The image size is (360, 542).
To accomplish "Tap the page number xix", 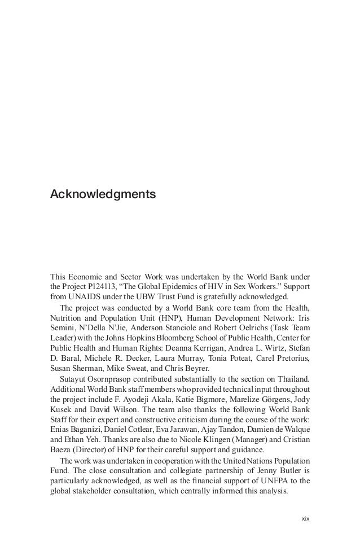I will [x=305, y=518].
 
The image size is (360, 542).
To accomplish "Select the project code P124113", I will [x=103, y=286].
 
